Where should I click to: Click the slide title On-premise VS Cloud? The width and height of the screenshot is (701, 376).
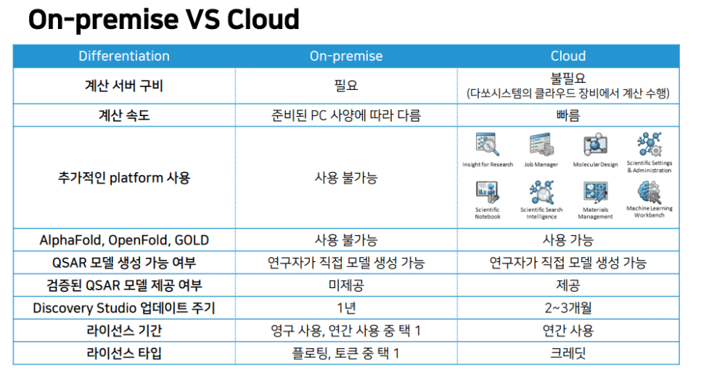[163, 20]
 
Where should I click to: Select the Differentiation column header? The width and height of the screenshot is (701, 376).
[124, 56]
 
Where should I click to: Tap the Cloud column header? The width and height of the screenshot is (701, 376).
[567, 56]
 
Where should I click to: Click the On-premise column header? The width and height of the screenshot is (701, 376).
[346, 56]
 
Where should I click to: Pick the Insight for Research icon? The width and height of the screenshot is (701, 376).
[488, 144]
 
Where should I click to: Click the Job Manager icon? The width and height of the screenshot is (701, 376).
[541, 144]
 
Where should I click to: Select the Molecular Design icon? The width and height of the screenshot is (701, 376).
[595, 144]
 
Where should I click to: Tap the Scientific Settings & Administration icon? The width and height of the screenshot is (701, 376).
[649, 144]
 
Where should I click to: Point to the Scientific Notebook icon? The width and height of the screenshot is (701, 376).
[488, 192]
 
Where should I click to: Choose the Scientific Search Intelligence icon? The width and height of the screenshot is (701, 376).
[541, 192]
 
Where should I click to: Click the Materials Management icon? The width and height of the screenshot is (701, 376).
[595, 192]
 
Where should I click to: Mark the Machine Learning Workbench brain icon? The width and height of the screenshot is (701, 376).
[649, 192]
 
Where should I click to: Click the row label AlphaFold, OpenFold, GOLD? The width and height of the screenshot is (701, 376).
[124, 240]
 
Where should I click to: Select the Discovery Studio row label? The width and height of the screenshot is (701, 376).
[124, 308]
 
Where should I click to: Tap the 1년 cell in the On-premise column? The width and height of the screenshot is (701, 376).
[346, 308]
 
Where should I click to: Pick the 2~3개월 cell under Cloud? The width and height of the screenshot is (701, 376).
[567, 308]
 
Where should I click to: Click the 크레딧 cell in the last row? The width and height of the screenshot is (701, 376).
[567, 353]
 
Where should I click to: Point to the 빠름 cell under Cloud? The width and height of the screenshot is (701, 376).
[567, 115]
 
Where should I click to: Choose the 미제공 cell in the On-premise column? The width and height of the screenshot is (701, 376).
[346, 285]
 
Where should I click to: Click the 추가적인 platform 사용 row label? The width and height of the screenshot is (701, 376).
[124, 178]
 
